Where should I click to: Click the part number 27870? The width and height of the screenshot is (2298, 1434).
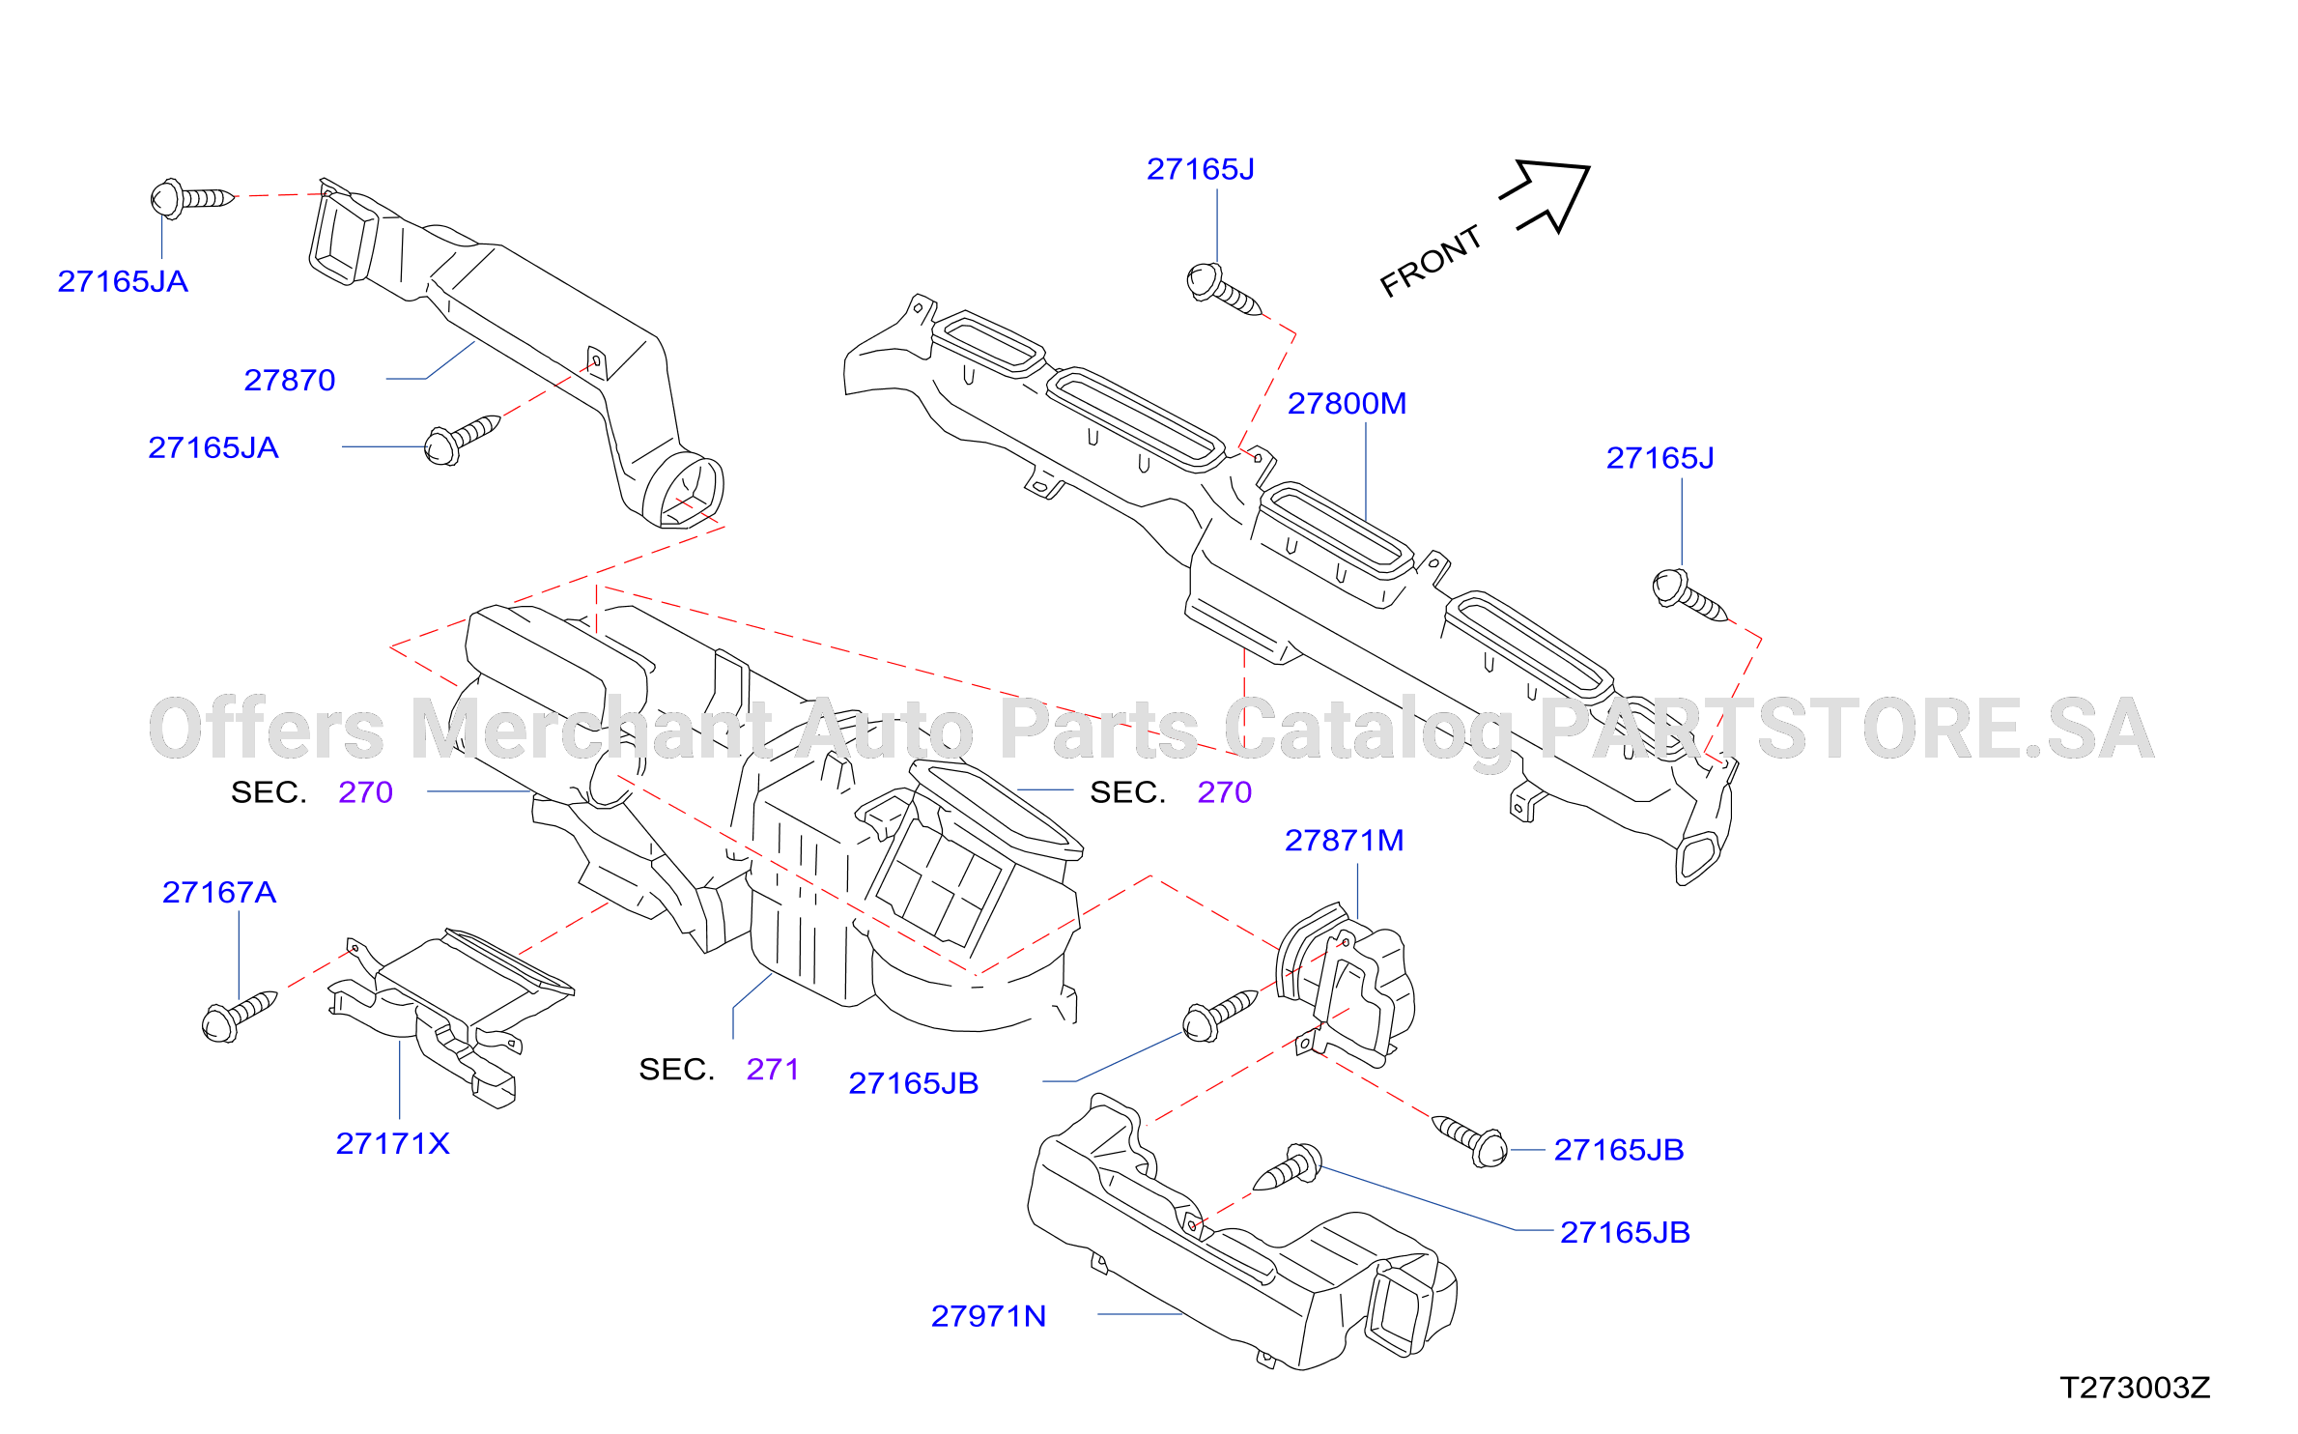[290, 381]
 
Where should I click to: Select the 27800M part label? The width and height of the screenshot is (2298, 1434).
[1347, 404]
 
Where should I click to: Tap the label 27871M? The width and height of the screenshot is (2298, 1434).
[1344, 841]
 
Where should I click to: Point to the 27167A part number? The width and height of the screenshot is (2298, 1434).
[219, 892]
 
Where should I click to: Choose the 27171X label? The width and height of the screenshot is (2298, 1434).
[392, 1144]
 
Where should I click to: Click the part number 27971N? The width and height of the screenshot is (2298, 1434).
[988, 1316]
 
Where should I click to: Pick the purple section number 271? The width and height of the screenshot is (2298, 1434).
[773, 1070]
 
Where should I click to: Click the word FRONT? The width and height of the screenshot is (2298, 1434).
[1431, 261]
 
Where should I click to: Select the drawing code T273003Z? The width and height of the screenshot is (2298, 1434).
[2135, 1388]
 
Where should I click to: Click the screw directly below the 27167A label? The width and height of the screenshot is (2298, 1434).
[239, 1017]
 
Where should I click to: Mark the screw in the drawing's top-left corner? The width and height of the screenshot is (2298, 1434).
[192, 198]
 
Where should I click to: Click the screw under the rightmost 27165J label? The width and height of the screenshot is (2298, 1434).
[1689, 595]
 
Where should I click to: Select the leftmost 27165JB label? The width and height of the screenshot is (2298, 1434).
[913, 1083]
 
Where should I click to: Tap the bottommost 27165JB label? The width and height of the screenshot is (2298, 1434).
[1625, 1233]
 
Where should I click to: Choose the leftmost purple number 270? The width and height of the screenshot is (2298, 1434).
[365, 792]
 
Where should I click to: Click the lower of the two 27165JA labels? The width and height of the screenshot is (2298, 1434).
[213, 448]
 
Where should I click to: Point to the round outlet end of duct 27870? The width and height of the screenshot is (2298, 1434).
[684, 490]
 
